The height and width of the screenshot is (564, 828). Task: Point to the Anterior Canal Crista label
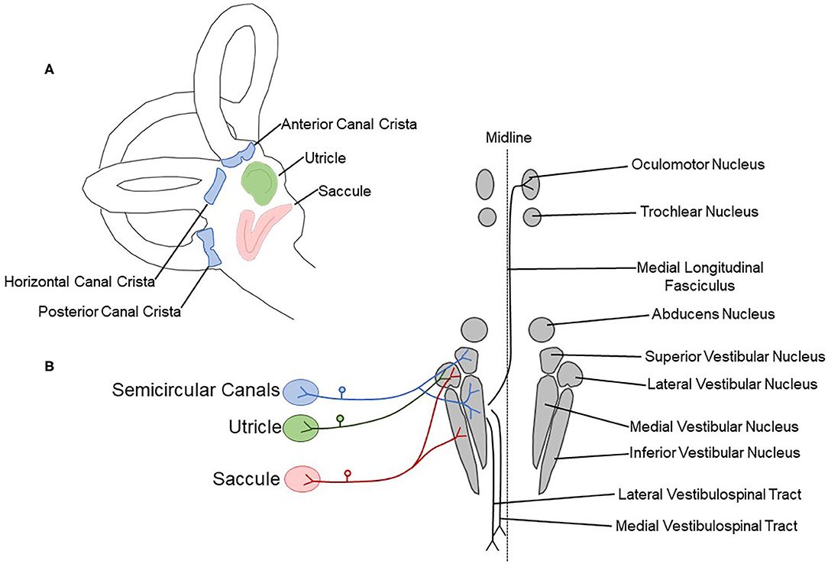coord(348,123)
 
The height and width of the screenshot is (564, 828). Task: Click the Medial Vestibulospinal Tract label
coord(707,526)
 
